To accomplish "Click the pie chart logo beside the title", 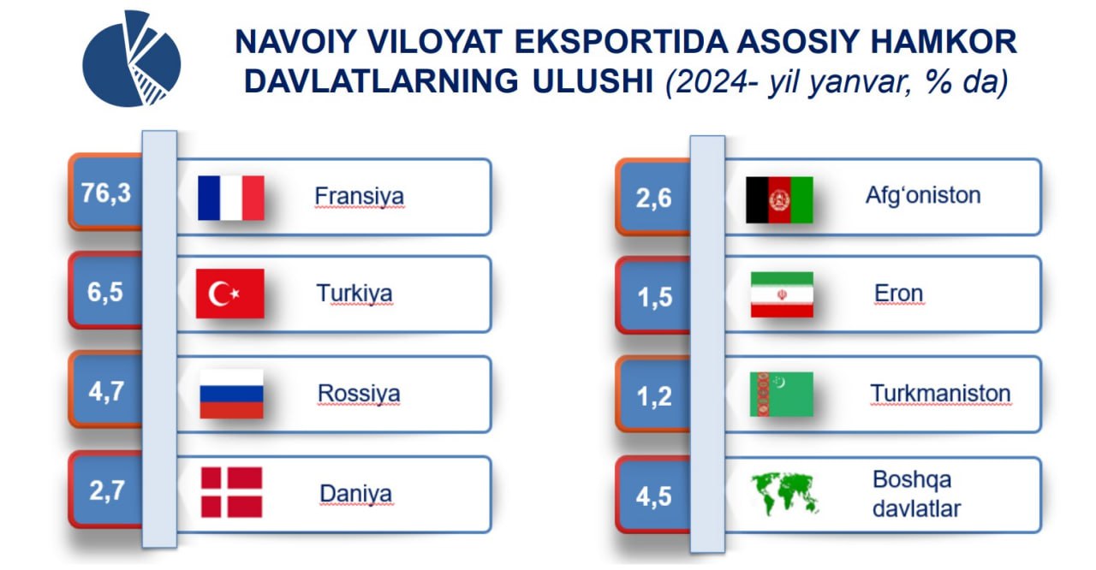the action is click(131, 59).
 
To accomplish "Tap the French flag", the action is click(231, 198).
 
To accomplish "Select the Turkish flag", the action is click(230, 294).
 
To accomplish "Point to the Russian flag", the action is click(231, 394).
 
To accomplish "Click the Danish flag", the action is click(231, 492).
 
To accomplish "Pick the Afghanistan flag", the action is click(779, 200).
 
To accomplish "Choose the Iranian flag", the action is click(782, 294).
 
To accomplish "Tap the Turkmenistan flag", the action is click(782, 395).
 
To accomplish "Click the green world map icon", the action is click(784, 494).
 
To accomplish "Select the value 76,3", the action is click(106, 193).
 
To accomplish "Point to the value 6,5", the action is click(105, 293).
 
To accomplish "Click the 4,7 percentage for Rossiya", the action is click(106, 392).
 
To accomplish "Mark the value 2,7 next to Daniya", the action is click(107, 490).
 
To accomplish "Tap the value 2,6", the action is click(653, 199).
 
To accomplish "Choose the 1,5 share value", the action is click(655, 297).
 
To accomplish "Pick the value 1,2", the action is click(654, 396).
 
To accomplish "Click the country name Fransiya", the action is click(359, 197).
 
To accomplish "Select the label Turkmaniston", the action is click(940, 394).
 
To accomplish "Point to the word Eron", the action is click(899, 294).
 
